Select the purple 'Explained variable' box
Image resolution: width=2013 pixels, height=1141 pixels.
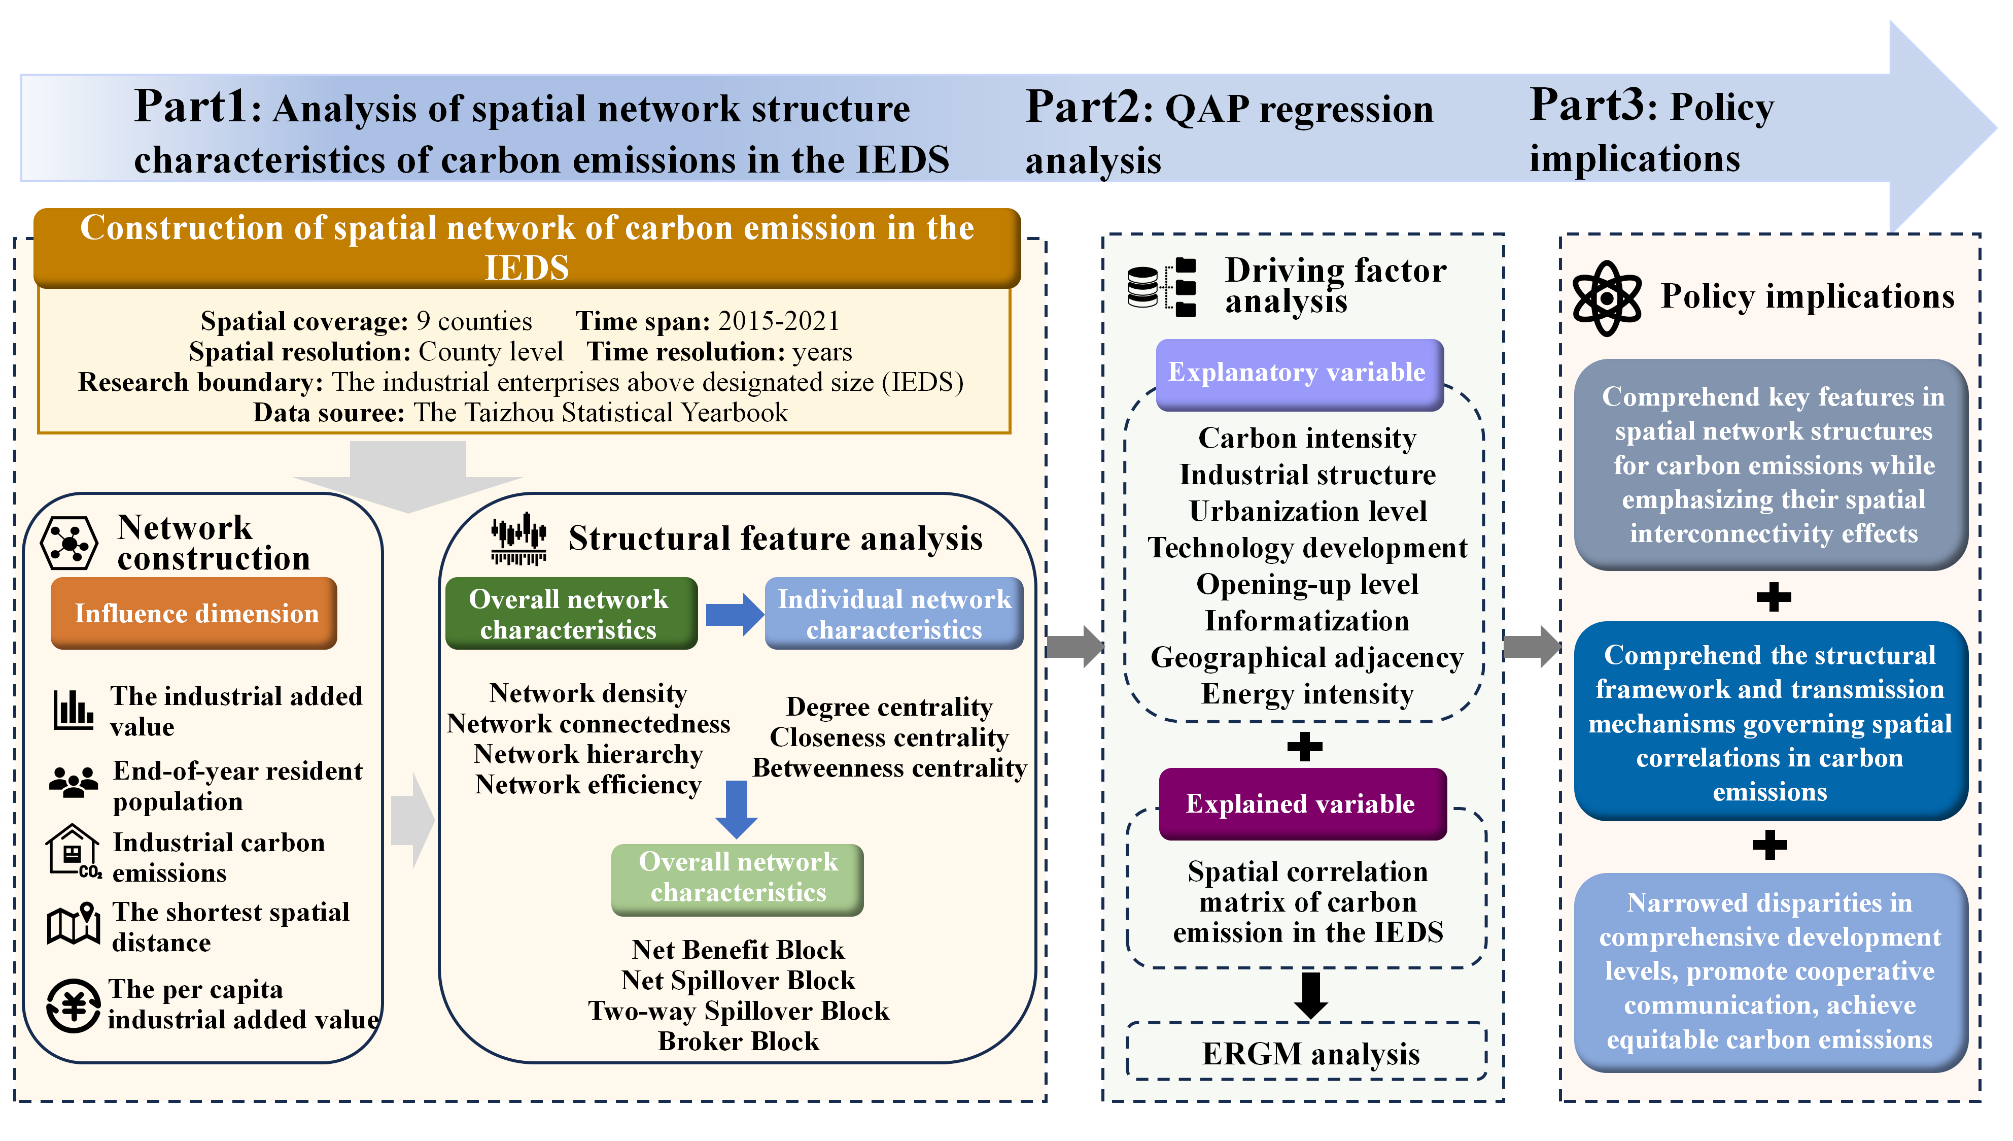[x=1303, y=804]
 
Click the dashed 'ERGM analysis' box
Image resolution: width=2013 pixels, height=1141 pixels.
[x=1307, y=1052]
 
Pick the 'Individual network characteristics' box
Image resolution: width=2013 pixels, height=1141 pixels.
[x=894, y=614]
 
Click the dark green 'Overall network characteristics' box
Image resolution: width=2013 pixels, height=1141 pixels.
[x=571, y=614]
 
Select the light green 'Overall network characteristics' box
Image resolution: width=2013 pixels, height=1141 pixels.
[x=737, y=879]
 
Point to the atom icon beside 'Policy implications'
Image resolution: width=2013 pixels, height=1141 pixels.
[x=1607, y=298]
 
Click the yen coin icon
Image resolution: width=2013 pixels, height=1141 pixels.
[x=73, y=1005]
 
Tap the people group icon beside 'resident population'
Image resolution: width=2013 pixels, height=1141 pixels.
[x=73, y=781]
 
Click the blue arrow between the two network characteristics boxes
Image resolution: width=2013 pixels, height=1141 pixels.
[x=735, y=614]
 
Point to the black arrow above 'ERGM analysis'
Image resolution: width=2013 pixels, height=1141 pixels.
[x=1310, y=995]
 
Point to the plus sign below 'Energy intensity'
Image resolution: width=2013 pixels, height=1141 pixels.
[x=1305, y=746]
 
